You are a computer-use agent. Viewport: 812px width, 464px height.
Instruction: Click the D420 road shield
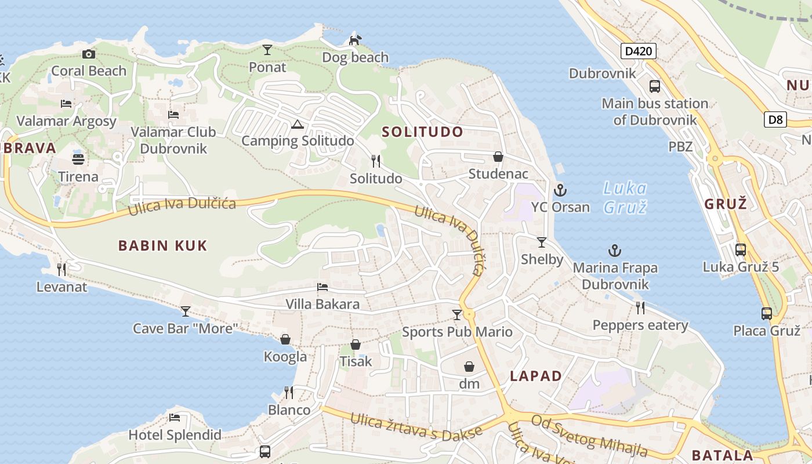click(639, 51)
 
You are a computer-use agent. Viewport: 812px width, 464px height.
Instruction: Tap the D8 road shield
click(775, 120)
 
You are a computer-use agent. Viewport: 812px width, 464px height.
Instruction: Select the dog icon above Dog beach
click(355, 40)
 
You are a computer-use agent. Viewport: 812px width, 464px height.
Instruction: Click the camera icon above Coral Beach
click(88, 54)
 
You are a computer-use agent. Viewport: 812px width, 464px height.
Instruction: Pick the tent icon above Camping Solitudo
click(298, 124)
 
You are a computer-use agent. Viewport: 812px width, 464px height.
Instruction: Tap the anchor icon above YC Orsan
click(560, 190)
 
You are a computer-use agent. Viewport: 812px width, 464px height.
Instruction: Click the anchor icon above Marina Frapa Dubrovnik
click(615, 251)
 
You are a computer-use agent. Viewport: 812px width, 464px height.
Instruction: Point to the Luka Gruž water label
click(625, 197)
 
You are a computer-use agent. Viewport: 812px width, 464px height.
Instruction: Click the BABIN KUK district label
click(162, 245)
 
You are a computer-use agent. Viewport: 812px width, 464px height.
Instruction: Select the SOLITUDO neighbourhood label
click(422, 132)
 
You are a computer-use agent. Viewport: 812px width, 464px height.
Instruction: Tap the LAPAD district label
click(536, 376)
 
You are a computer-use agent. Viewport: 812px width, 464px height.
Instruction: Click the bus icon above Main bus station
click(655, 86)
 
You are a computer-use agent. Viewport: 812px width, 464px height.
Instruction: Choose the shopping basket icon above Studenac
click(498, 157)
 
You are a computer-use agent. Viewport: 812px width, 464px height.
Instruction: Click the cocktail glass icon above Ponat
click(267, 50)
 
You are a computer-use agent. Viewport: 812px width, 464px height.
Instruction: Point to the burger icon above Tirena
click(78, 159)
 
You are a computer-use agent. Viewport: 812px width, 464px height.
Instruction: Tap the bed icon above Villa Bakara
click(322, 287)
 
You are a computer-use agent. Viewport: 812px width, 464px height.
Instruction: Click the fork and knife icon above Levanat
click(61, 269)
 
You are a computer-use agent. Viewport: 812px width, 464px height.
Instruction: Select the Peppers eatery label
click(640, 325)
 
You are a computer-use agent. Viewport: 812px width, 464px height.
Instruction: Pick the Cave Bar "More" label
click(186, 328)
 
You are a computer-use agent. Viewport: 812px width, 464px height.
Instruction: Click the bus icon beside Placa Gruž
click(767, 314)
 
